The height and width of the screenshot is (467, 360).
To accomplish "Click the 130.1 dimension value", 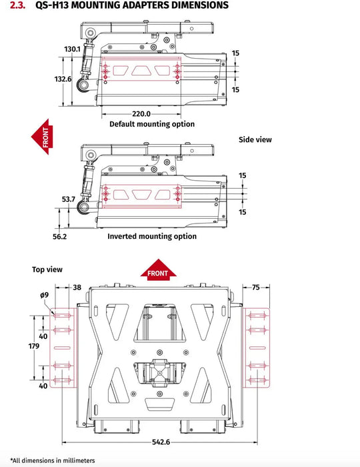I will pos(73,49).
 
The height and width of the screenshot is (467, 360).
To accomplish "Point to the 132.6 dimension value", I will pos(63,79).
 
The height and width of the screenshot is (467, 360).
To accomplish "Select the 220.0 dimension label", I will pos(141,113).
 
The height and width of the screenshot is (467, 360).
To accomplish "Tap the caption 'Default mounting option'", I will pos(152,124).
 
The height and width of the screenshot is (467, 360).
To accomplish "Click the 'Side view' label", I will pos(255,140).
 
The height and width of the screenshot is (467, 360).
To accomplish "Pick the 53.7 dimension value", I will pos(69,199).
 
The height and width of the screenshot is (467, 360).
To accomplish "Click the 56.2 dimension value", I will pos(59,236).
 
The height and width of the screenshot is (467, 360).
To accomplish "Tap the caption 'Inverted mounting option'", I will pos(152,236).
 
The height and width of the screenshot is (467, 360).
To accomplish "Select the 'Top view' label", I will pos(47,270).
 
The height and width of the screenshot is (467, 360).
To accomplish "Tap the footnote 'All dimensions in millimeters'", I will pos(53,460).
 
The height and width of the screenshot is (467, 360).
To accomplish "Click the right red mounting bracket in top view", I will pos(257,347).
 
